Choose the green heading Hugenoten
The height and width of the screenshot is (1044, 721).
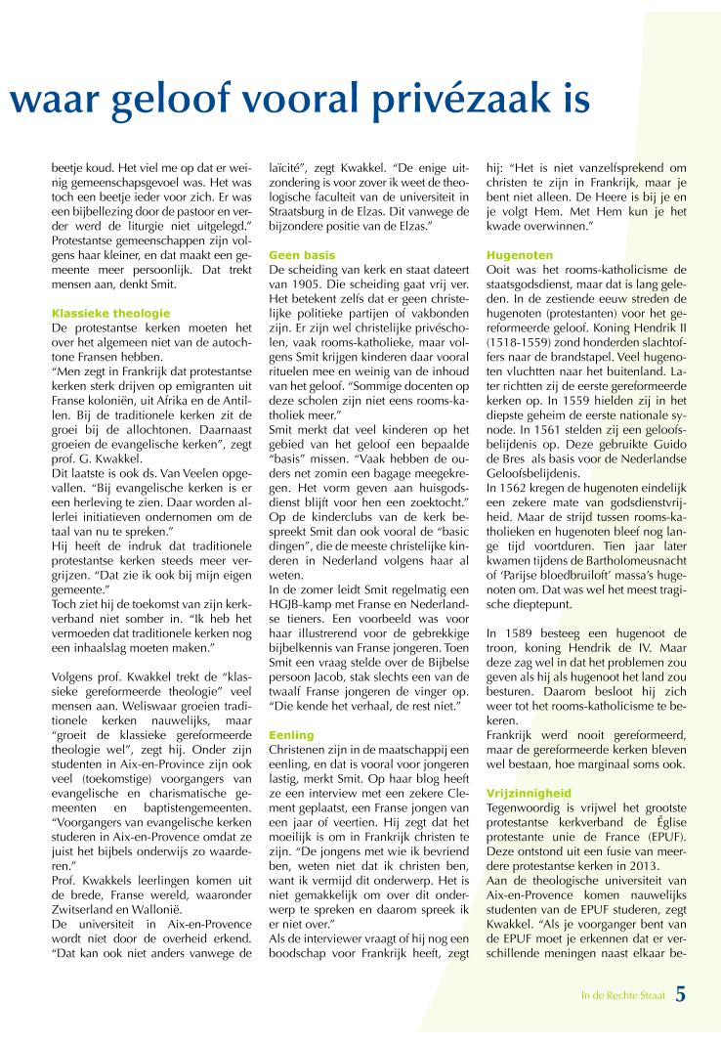[513, 253]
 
